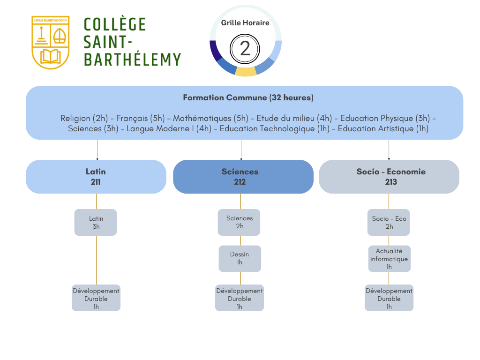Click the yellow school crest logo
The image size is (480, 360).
click(x=50, y=42)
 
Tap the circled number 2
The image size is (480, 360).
click(x=245, y=48)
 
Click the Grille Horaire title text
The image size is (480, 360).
click(x=245, y=22)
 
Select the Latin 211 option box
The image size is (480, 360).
click(x=96, y=177)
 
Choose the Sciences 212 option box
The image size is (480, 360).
click(x=243, y=177)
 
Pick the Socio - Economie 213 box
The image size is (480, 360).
click(x=389, y=177)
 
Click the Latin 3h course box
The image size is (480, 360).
click(x=96, y=222)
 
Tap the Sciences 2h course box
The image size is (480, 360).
click(x=239, y=222)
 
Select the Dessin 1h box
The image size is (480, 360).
click(x=240, y=258)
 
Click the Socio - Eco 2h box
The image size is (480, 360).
click(x=389, y=222)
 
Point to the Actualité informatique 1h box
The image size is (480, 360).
click(x=389, y=259)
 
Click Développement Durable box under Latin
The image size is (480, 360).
click(x=96, y=298)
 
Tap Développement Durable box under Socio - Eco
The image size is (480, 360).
click(x=389, y=298)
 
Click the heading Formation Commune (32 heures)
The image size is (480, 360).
click(x=248, y=98)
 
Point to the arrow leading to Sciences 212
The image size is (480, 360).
click(x=241, y=150)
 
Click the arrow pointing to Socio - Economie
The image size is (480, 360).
click(x=389, y=150)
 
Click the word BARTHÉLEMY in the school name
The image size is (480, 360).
click(x=132, y=60)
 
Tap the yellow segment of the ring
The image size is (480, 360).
click(x=246, y=72)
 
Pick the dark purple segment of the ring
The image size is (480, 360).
click(x=216, y=51)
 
